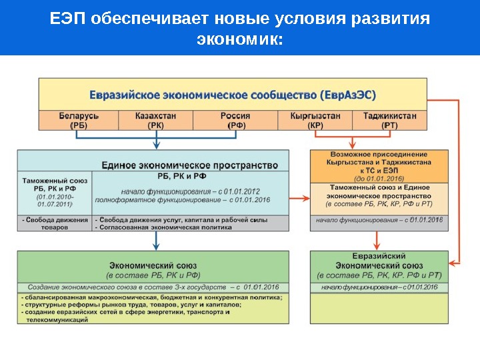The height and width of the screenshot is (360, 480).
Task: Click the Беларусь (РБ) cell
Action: pos(78,120)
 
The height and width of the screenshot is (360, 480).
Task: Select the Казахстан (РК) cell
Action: pos(155,120)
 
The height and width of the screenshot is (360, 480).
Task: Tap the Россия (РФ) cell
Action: pos(235,120)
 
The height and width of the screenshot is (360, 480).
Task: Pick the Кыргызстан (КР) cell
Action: pos(315,120)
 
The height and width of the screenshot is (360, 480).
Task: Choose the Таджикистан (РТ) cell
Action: pos(390,120)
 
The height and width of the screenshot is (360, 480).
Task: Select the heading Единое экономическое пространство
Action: pos(189,165)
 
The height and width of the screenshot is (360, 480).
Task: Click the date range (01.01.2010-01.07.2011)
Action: pos(55,201)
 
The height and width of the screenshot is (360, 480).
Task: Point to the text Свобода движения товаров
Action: pos(55,223)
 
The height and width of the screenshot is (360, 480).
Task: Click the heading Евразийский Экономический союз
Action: pos(379,261)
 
